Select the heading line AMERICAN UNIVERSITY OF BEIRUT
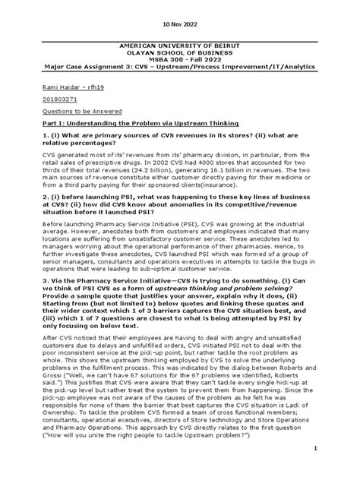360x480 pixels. click(x=179, y=46)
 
